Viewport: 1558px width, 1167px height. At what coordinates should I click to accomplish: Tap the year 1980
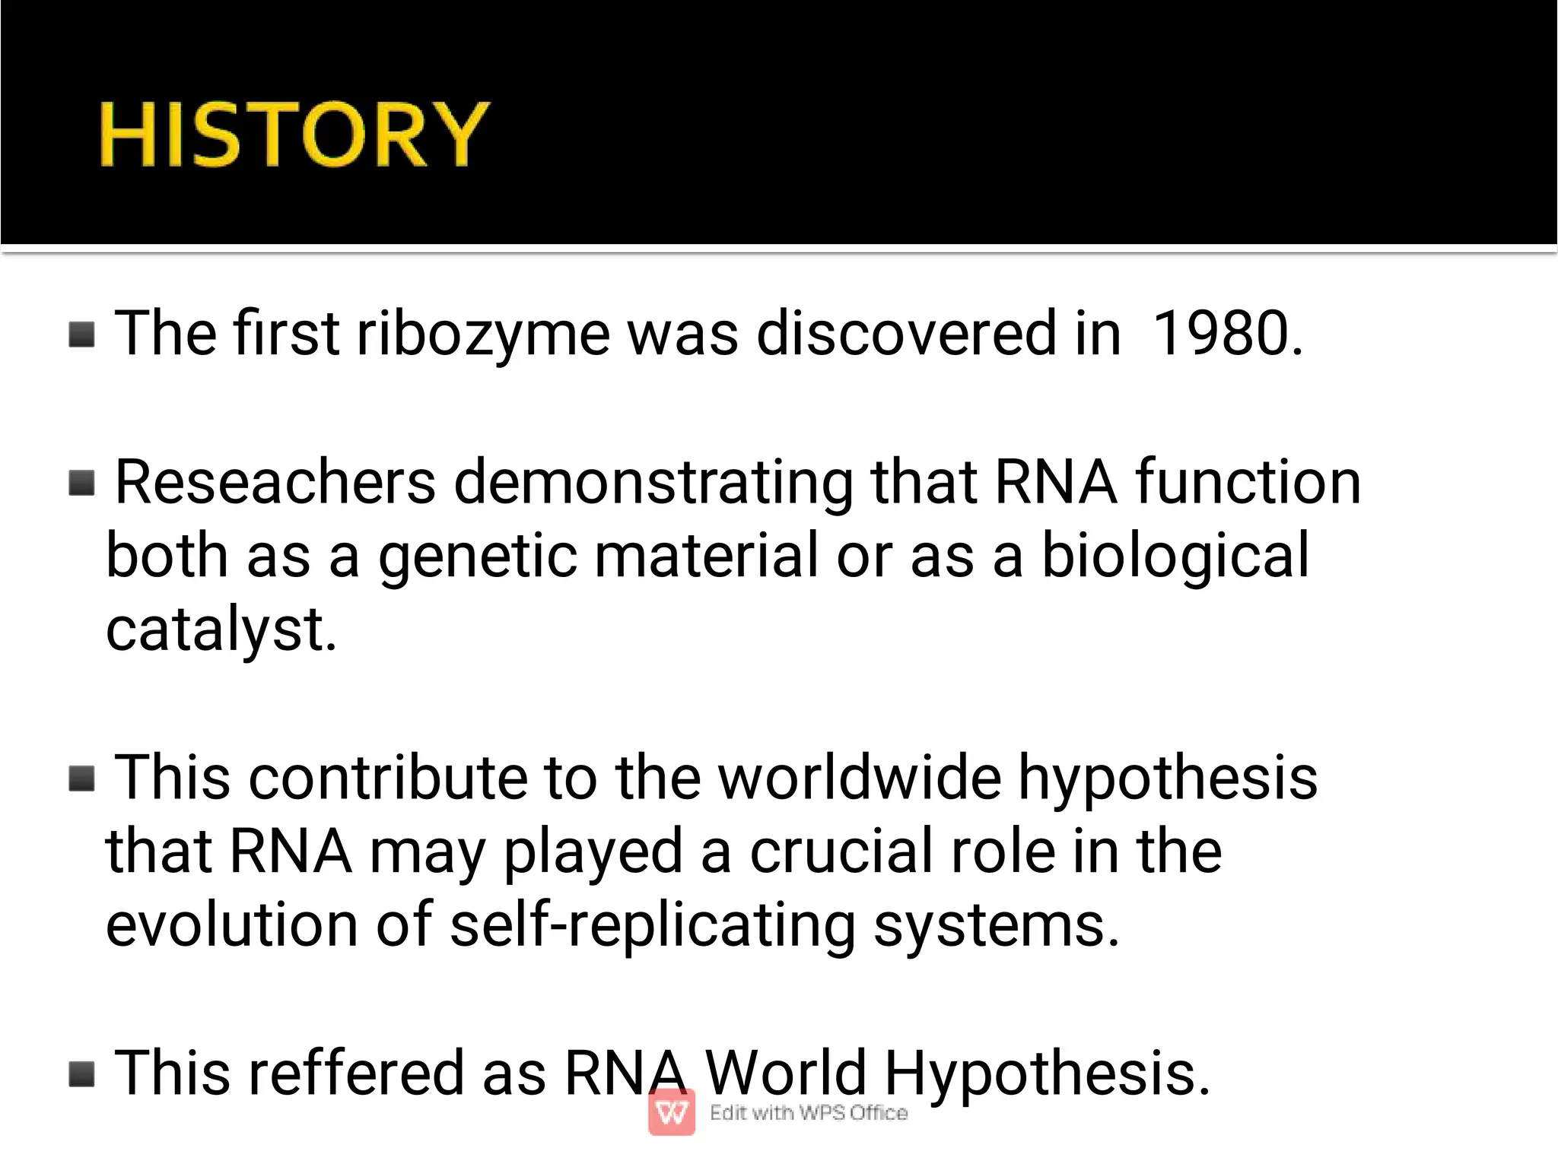coord(1226,334)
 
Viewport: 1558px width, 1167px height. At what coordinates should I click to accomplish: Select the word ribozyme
coord(483,334)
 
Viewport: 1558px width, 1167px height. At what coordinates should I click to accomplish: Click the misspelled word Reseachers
coord(275,482)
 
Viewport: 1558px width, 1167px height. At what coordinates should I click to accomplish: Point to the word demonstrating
coord(653,482)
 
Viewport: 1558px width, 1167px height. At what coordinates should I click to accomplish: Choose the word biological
coord(1175,556)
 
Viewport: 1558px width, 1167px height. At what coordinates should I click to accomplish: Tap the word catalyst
coord(221,629)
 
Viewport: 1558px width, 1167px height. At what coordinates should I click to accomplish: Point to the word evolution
coord(231,924)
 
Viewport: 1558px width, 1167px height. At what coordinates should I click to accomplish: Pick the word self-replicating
coord(653,924)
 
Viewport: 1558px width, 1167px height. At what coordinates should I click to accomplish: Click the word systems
coord(996,924)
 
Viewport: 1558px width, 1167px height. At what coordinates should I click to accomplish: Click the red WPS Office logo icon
coord(672,1112)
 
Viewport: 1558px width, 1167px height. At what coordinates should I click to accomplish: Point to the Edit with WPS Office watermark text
coord(809,1112)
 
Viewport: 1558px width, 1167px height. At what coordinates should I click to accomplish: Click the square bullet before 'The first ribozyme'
coord(82,334)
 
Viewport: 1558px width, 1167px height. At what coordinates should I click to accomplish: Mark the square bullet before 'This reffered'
coord(82,1074)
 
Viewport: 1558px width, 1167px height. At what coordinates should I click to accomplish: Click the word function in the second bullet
coord(1248,482)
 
